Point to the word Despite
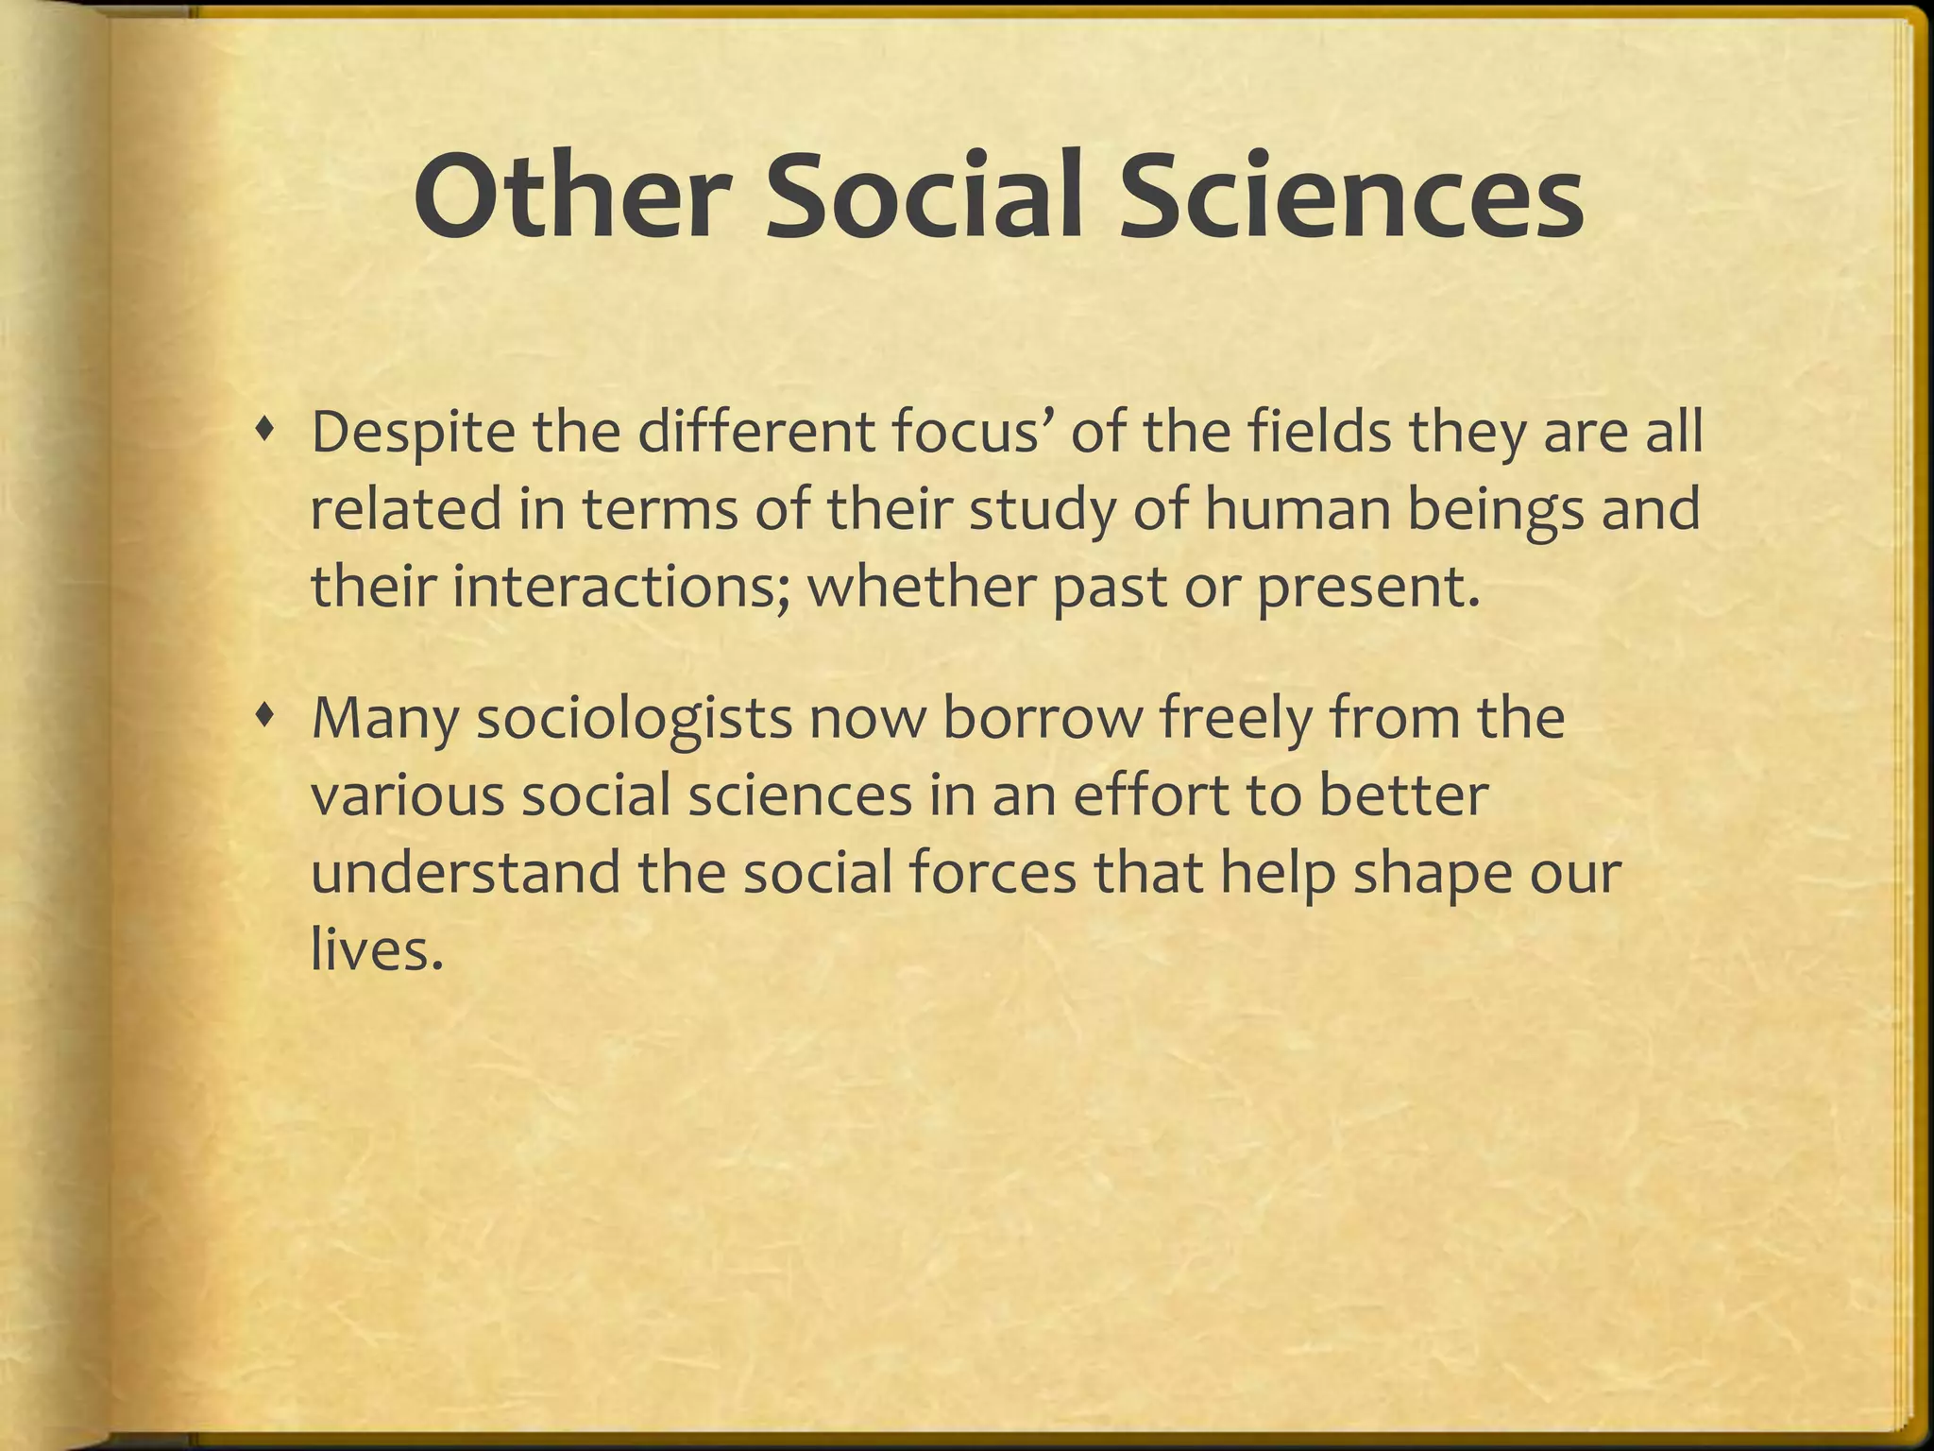point(413,433)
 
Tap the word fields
point(1319,433)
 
